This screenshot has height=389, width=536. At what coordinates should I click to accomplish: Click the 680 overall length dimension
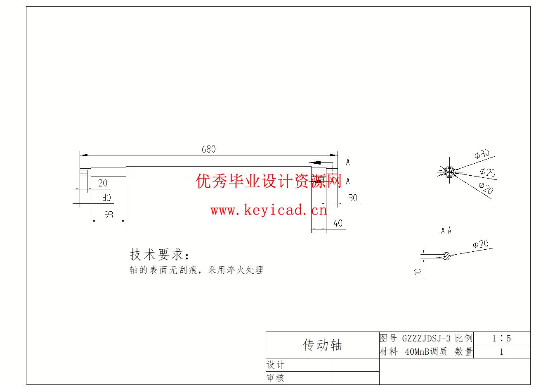[208, 149]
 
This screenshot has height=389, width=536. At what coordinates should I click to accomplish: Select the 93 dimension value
[109, 215]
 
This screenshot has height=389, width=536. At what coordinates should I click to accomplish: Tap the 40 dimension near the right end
[338, 223]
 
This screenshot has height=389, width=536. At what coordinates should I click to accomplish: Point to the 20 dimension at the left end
[102, 183]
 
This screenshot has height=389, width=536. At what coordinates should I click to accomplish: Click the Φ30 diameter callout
[482, 154]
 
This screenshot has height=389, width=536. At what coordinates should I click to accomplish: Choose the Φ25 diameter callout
[487, 172]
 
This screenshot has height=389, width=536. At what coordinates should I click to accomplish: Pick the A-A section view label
[446, 230]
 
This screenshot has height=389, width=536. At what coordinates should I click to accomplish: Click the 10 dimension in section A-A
[418, 272]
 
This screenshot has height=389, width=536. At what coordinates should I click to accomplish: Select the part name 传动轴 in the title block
[322, 345]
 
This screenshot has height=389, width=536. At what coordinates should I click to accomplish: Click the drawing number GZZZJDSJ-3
[426, 338]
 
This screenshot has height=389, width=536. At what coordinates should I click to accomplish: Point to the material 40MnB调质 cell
[426, 352]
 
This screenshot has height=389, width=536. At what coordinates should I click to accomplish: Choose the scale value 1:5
[501, 338]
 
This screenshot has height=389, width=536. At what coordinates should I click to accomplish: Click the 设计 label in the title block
[275, 365]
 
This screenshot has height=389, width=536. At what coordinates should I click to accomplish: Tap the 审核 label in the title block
[275, 378]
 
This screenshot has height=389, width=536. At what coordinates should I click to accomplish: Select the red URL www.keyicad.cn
[269, 210]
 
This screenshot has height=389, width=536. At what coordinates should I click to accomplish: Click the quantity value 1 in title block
[501, 352]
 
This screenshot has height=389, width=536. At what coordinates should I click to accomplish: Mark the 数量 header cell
[464, 352]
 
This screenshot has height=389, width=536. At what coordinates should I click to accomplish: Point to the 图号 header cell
[388, 338]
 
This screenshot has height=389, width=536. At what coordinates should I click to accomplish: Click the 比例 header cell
[464, 338]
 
